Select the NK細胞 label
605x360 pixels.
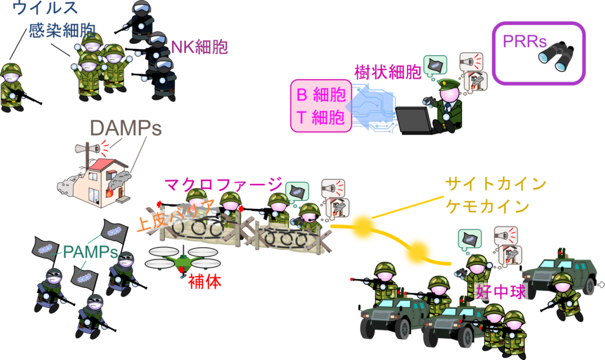point(199,47)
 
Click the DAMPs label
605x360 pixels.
point(126,128)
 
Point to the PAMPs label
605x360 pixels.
point(90,252)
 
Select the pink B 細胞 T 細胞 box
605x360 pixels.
point(321,106)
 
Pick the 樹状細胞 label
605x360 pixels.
point(388,72)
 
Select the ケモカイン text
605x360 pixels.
point(487,206)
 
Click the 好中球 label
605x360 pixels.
point(501,291)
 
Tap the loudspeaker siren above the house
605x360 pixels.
point(87,148)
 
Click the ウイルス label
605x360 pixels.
point(45,7)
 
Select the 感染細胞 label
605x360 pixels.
point(62,31)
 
